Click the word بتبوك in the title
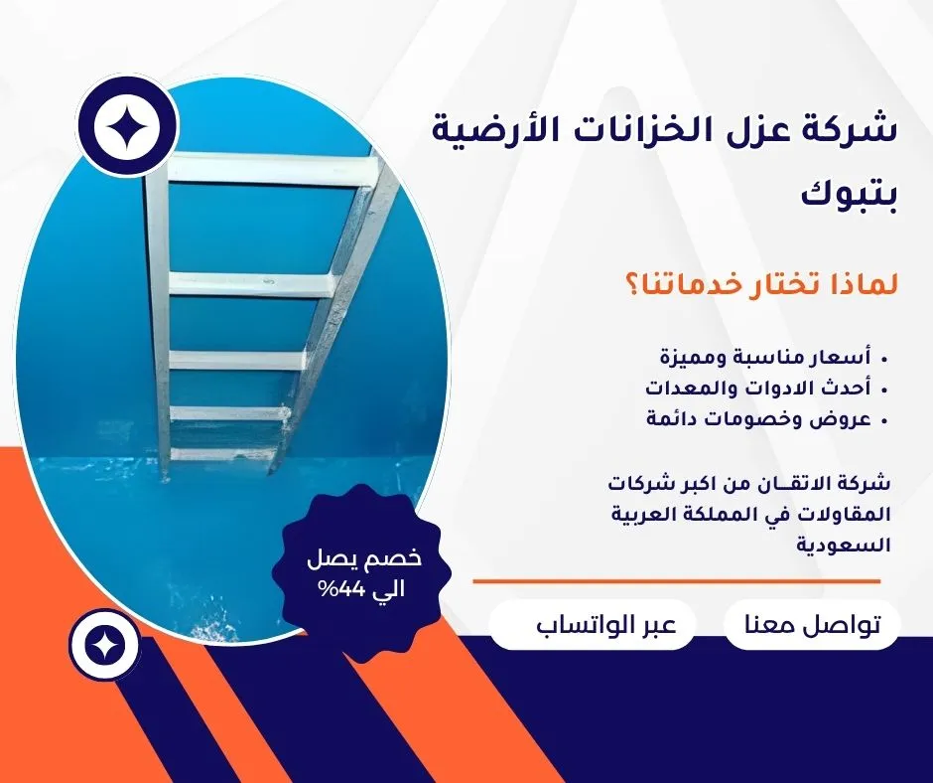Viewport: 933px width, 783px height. point(848,196)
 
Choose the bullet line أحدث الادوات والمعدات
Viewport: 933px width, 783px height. point(758,388)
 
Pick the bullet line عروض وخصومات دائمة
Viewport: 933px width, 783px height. point(759,419)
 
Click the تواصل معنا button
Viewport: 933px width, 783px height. point(812,624)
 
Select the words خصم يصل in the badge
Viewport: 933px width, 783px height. point(363,559)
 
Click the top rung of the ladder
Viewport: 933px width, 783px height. point(273,168)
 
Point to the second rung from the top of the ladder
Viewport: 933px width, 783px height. point(250,284)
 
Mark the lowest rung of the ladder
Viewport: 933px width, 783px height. point(223,456)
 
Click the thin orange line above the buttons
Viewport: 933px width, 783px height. point(677,581)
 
